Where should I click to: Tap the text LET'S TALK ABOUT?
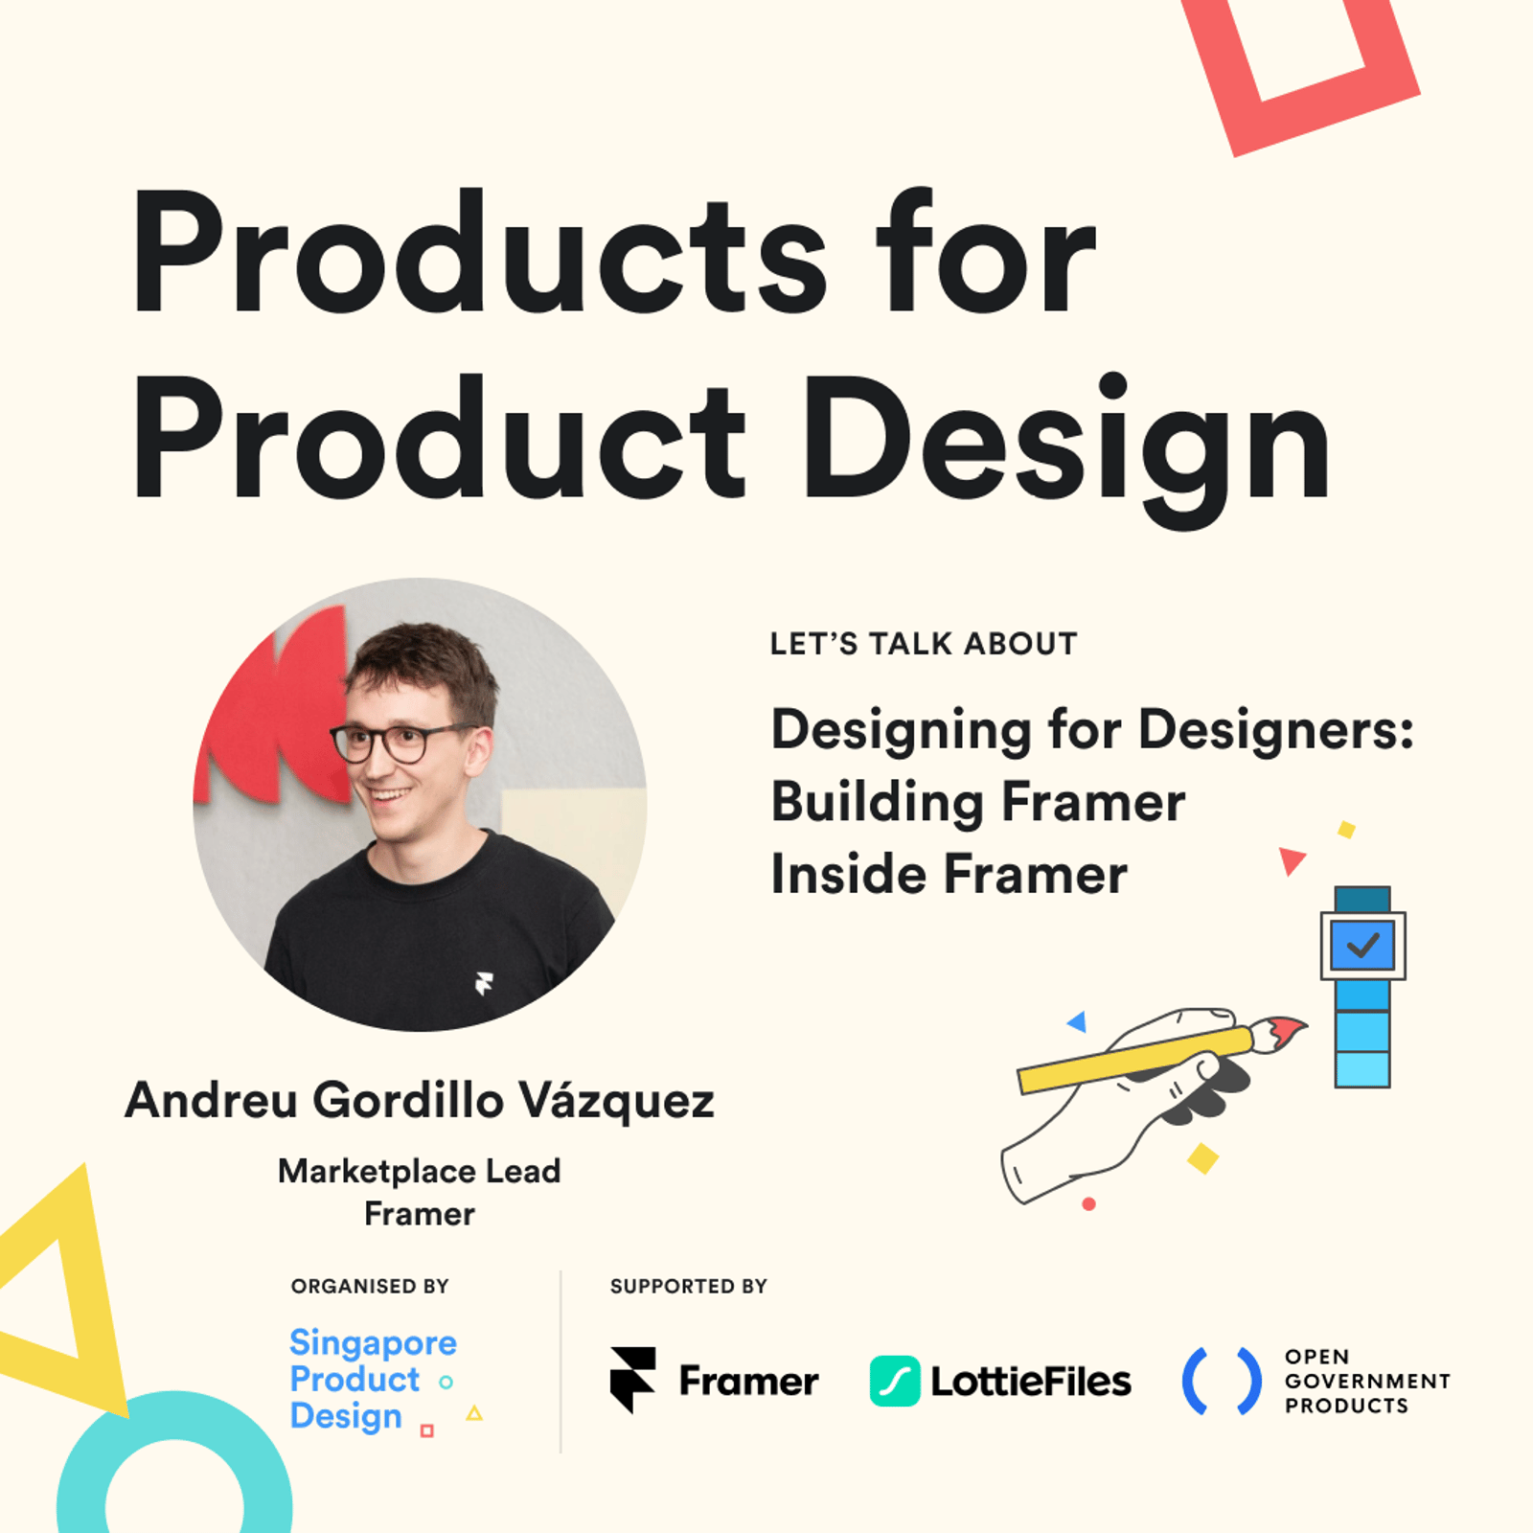pyautogui.click(x=924, y=644)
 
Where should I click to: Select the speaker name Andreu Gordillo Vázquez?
pyautogui.click(x=420, y=1101)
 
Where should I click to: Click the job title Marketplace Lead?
pyautogui.click(x=420, y=1171)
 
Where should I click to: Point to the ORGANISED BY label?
pyautogui.click(x=370, y=1286)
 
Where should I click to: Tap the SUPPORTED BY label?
pyautogui.click(x=689, y=1286)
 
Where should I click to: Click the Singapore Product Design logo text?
pyautogui.click(x=374, y=1380)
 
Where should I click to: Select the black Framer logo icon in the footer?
pyautogui.click(x=633, y=1380)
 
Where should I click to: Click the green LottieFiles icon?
pyautogui.click(x=895, y=1382)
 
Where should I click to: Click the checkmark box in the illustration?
pyautogui.click(x=1362, y=946)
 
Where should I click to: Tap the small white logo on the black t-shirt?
pyautogui.click(x=484, y=983)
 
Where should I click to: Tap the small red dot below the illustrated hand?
pyautogui.click(x=1088, y=1204)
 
